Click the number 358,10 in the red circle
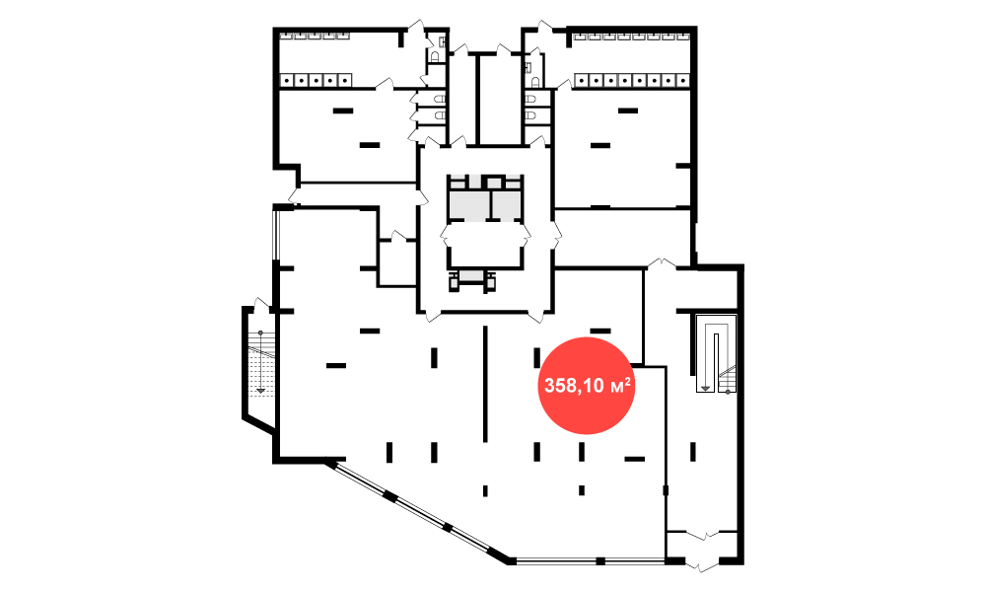tap(569, 386)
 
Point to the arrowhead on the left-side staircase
tap(261, 391)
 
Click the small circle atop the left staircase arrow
tap(260, 333)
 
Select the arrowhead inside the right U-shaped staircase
tap(706, 388)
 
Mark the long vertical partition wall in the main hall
tap(485, 384)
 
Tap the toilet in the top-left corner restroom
tap(435, 56)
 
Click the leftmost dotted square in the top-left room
tap(287, 80)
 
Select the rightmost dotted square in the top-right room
tap(683, 80)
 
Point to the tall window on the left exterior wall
tap(275, 234)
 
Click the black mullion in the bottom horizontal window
tap(600, 560)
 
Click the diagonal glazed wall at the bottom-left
tap(418, 512)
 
